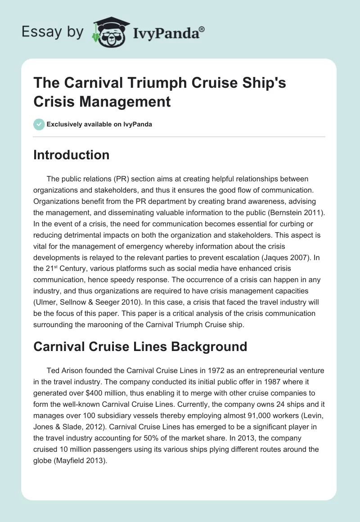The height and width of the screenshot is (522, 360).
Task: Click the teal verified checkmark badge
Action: (x=39, y=124)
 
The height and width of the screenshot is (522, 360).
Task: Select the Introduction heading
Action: (x=71, y=155)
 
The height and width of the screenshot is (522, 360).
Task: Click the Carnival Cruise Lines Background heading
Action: (x=140, y=346)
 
